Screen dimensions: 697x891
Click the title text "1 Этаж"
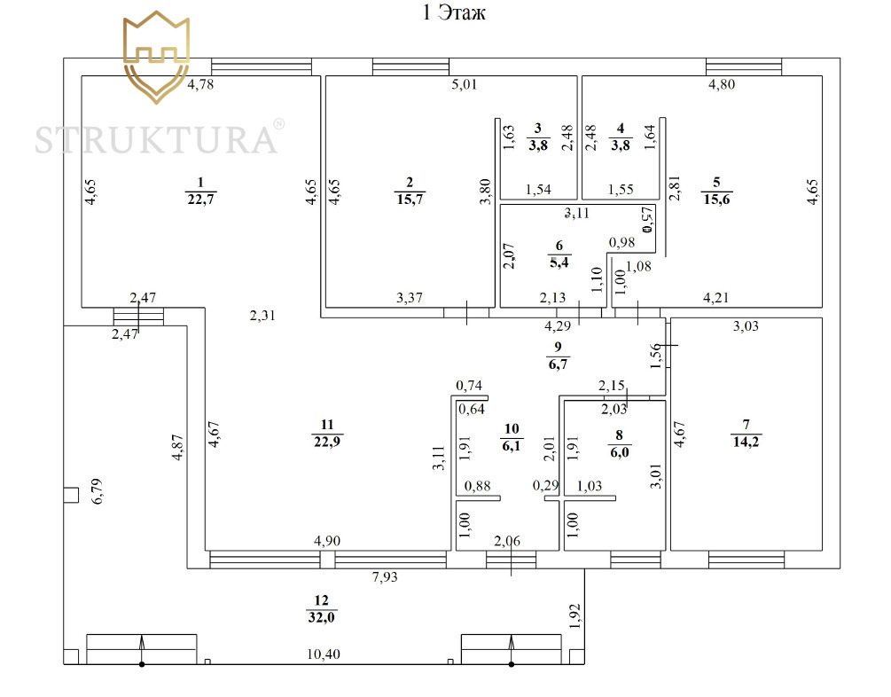(x=451, y=14)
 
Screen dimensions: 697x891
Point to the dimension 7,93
(x=385, y=578)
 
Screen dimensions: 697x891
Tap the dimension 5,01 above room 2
(x=465, y=86)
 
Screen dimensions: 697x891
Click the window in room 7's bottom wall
(x=746, y=560)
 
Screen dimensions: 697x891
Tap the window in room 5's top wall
(x=744, y=67)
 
